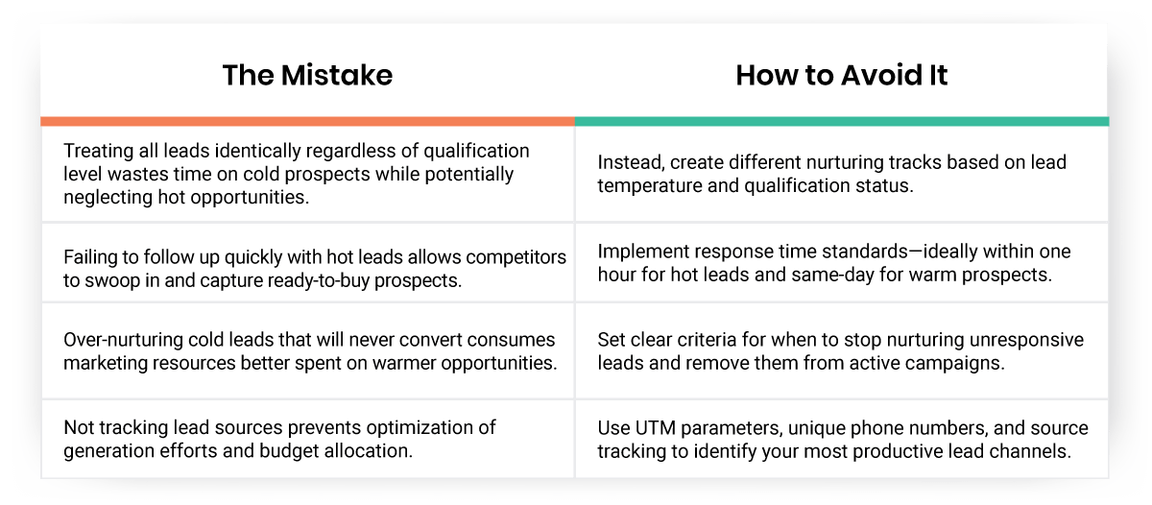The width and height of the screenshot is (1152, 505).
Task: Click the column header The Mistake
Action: [x=307, y=76]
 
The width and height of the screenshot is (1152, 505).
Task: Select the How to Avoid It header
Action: [x=841, y=76]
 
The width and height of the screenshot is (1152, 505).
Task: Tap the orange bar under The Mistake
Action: [x=307, y=122]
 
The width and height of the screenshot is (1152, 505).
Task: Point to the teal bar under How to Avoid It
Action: [x=841, y=122]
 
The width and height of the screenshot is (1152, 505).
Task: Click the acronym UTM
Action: [x=652, y=427]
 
